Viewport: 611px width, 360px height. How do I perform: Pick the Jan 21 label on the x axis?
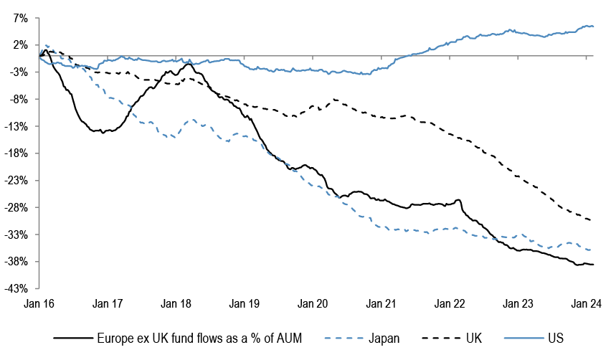click(x=381, y=304)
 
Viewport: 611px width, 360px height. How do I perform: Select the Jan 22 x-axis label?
click(x=450, y=304)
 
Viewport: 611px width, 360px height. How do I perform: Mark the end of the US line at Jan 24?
click(x=593, y=27)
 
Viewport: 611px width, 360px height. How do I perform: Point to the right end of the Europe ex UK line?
click(x=593, y=265)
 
